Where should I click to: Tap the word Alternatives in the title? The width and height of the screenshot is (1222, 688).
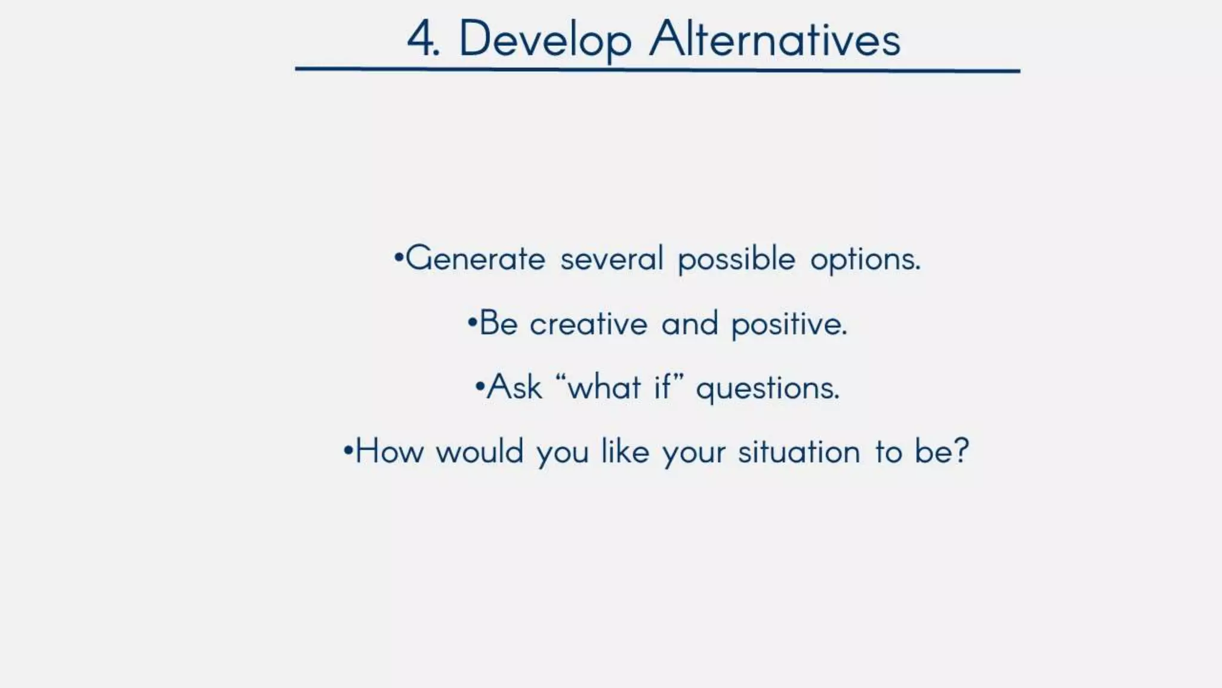(x=774, y=39)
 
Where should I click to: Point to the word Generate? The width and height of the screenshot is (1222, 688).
(x=476, y=259)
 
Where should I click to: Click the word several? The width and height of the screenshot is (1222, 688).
(x=612, y=259)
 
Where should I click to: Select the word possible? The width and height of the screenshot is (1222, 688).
(x=736, y=259)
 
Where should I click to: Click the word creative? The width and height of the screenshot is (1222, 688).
(x=588, y=324)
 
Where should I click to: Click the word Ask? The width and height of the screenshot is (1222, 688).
(x=514, y=387)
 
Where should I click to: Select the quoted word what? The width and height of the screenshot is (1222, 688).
(x=604, y=387)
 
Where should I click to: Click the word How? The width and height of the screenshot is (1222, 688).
(x=390, y=451)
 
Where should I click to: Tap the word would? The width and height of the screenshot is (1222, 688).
(x=480, y=451)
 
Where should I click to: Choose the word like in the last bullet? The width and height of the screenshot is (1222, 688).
(x=625, y=451)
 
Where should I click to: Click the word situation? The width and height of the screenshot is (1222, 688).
(x=799, y=451)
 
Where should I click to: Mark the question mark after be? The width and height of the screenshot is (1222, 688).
(x=961, y=451)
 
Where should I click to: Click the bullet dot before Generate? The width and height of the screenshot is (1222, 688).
(x=398, y=258)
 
